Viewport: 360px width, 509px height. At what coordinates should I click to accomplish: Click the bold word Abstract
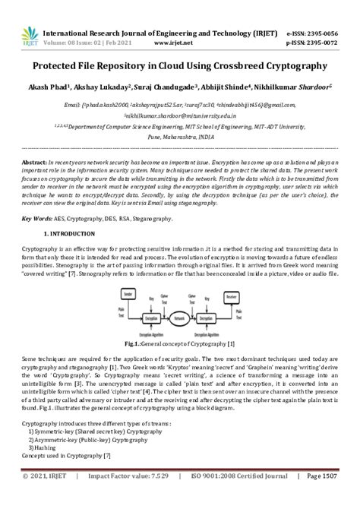(x=35, y=163)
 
